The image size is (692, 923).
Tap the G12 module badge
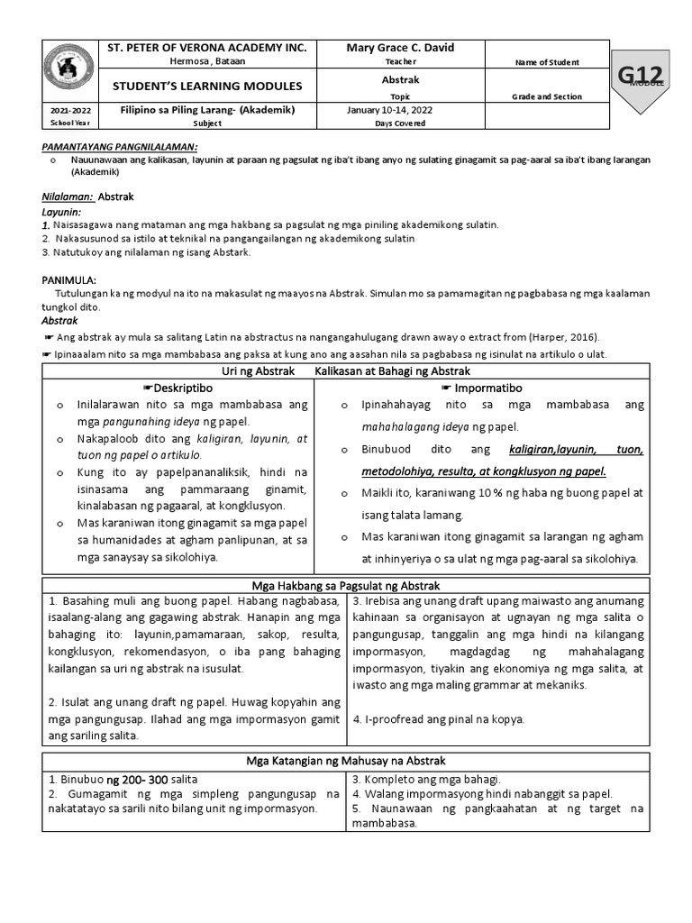point(646,77)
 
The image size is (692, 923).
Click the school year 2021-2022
point(64,110)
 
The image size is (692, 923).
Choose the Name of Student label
point(546,62)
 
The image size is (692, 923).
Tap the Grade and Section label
point(546,96)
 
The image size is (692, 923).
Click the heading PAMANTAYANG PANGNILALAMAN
point(121,146)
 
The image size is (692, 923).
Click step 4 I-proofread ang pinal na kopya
point(438,718)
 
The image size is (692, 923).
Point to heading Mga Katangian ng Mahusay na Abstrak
point(346,761)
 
